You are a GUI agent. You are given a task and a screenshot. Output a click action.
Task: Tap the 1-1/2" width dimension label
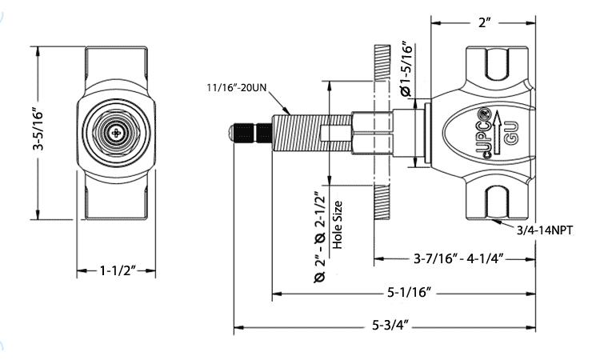click(x=117, y=272)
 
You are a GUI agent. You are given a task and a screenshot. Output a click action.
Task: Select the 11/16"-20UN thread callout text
click(x=236, y=86)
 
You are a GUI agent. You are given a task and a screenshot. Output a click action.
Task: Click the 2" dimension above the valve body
click(x=483, y=23)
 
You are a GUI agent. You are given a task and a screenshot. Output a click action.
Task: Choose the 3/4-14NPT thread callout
click(x=550, y=230)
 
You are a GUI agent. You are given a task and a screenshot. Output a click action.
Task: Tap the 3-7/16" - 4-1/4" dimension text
click(x=458, y=259)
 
